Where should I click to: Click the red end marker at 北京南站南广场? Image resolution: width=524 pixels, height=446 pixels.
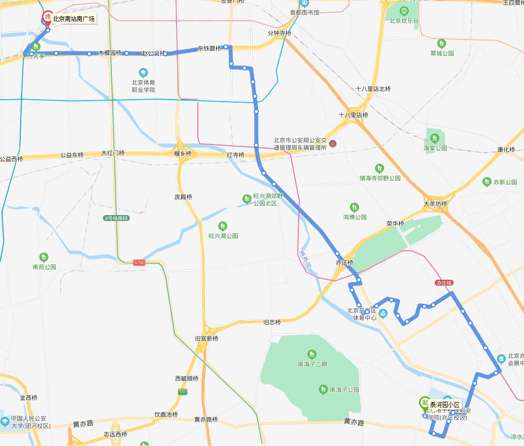pyautogui.click(x=47, y=17)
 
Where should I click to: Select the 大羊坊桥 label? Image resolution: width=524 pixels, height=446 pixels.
pyautogui.click(x=435, y=204)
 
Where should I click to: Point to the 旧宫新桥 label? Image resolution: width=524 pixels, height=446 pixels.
pyautogui.click(x=206, y=338)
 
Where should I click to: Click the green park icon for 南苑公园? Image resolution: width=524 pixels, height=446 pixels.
pyautogui.click(x=44, y=257)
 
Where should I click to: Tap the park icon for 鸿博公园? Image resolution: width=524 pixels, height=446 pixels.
pyautogui.click(x=354, y=207)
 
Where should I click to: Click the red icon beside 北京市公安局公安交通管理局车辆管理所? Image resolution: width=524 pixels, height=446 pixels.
pyautogui.click(x=333, y=143)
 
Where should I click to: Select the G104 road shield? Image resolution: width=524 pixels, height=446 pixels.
pyautogui.click(x=140, y=263)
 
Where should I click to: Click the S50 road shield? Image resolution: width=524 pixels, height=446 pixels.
pyautogui.click(x=182, y=392)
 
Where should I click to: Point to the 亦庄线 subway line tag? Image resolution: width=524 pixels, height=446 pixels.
pyautogui.click(x=444, y=283)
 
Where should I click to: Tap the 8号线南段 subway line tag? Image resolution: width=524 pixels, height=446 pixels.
pyautogui.click(x=116, y=218)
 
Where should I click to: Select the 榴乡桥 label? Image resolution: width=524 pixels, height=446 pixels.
pyautogui.click(x=183, y=154)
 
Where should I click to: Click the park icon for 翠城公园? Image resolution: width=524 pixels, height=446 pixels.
pyautogui.click(x=441, y=43)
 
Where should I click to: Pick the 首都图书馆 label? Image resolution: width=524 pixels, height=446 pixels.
pyautogui.click(x=304, y=12)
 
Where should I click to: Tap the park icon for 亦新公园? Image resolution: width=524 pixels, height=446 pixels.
pyautogui.click(x=487, y=182)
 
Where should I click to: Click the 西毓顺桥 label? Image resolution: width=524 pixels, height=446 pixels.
pyautogui.click(x=186, y=378)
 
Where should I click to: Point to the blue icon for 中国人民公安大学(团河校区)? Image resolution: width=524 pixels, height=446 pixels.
pyautogui.click(x=4, y=421)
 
